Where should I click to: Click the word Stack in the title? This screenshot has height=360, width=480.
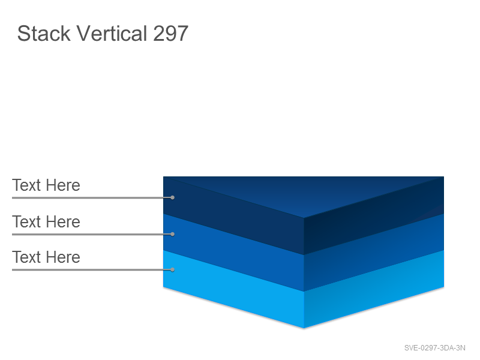(44, 34)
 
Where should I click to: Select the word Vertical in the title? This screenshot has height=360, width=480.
(112, 34)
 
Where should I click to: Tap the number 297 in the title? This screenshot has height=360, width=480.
(170, 34)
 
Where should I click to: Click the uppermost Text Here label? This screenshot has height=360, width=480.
(46, 185)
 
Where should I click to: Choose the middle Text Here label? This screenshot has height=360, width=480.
(46, 221)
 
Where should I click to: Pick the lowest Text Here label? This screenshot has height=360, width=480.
(46, 257)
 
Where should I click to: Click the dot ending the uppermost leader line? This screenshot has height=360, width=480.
(173, 198)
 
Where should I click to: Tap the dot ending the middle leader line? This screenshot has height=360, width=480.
(173, 234)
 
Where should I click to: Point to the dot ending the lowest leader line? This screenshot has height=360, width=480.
(173, 269)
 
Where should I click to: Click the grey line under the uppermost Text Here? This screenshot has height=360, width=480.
(92, 198)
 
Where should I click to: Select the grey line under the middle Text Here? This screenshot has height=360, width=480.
(92, 234)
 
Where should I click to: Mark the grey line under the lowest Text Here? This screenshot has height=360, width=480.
(92, 269)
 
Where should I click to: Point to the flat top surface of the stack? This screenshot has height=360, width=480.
(304, 193)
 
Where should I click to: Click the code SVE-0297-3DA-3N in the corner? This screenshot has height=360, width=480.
(434, 348)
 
